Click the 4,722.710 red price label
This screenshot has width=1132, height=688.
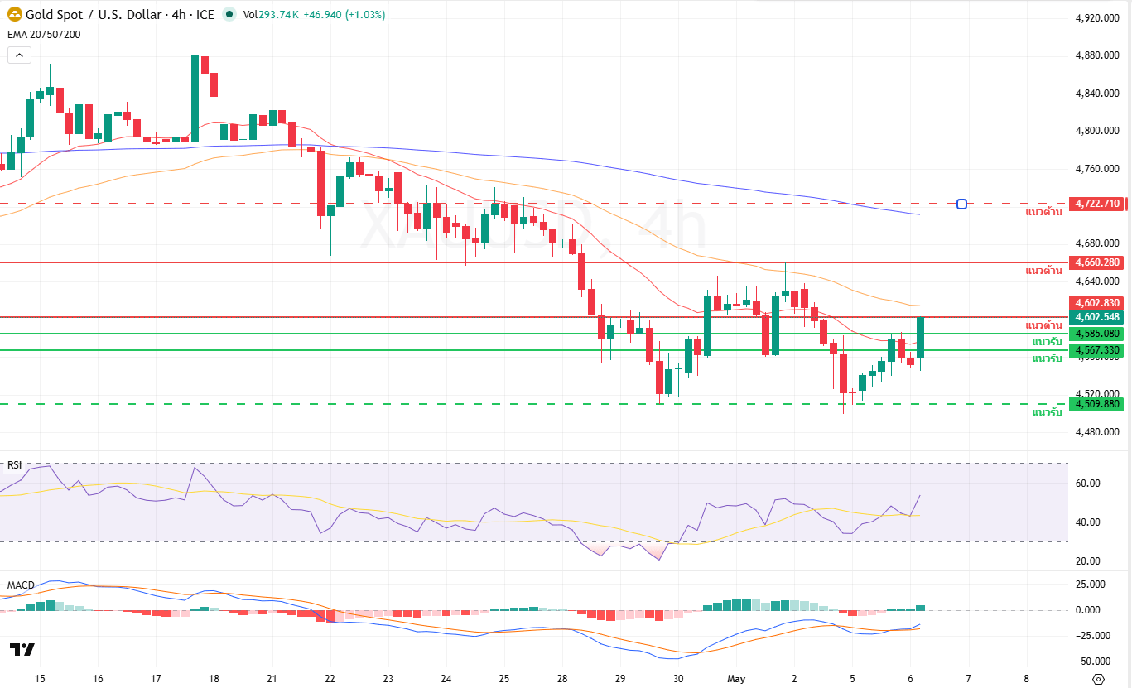(x=1096, y=204)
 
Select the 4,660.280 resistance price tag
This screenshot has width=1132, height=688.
(x=1096, y=262)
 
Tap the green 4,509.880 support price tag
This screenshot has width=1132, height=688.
(x=1096, y=404)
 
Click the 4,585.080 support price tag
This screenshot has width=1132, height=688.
(x=1096, y=334)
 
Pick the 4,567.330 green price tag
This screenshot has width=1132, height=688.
(x=1096, y=350)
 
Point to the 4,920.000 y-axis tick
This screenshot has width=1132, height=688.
(x=1096, y=18)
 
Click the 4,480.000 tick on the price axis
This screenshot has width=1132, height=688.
(x=1096, y=432)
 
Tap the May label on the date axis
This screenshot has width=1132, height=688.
(x=736, y=678)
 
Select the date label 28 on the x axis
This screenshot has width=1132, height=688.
(x=562, y=678)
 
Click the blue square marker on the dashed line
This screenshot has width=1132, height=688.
(x=961, y=204)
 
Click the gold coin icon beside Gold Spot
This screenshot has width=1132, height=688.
(x=15, y=15)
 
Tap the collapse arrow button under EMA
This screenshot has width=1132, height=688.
(x=19, y=55)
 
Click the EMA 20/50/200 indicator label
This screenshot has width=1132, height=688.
(x=44, y=34)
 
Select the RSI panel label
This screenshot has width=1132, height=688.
(x=15, y=464)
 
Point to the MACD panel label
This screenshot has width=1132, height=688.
(x=21, y=585)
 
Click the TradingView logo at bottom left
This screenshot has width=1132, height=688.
(x=22, y=649)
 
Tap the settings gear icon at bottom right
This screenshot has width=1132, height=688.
(x=1098, y=679)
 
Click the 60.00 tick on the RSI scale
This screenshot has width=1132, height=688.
(x=1087, y=484)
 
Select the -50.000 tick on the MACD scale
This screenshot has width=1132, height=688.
(x=1095, y=662)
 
